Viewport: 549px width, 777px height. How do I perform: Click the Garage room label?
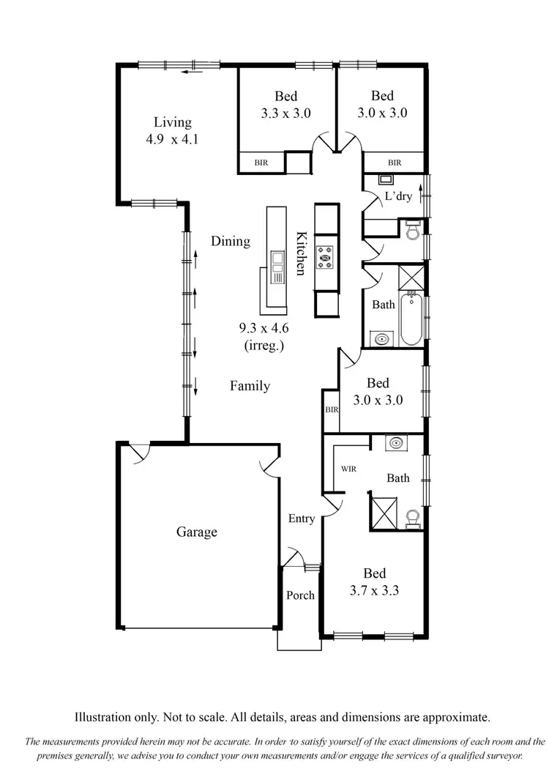(x=196, y=532)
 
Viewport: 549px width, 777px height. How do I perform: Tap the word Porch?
(x=300, y=595)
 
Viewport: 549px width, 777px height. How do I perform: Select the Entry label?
(x=301, y=518)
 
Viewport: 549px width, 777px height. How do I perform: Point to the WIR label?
(x=348, y=469)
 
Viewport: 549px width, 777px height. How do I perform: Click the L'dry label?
(x=398, y=196)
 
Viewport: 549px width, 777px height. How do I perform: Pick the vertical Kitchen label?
(x=301, y=253)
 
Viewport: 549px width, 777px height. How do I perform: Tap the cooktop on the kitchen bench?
(x=325, y=257)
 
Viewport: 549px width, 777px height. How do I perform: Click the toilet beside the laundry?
(x=411, y=230)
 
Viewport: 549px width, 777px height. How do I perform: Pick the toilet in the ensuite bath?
(x=412, y=518)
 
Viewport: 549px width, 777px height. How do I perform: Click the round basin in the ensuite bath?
(x=397, y=442)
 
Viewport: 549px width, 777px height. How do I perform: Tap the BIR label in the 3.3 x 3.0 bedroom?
(x=261, y=163)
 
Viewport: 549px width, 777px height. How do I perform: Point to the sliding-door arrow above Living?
(x=193, y=72)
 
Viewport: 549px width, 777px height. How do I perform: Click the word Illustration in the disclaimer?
(x=106, y=718)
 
